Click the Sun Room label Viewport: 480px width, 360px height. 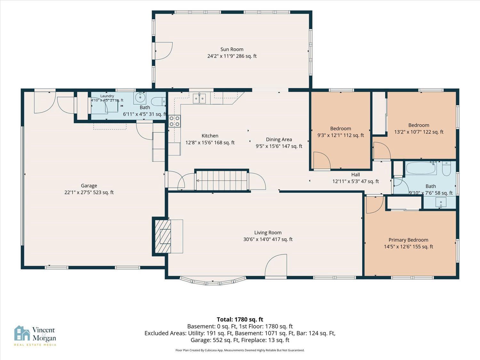[x=232, y=49]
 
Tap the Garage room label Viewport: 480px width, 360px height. [x=89, y=186]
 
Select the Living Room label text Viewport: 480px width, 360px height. [x=268, y=233]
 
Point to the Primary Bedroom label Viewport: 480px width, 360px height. [x=408, y=240]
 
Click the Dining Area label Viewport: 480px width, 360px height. [x=279, y=140]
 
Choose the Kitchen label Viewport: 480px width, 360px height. [x=210, y=136]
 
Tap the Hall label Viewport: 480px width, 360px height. [x=356, y=175]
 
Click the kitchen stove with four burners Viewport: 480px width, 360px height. [x=174, y=121]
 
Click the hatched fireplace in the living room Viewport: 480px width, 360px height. [x=163, y=236]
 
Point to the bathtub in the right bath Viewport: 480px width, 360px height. [x=421, y=168]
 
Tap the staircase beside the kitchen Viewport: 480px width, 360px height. [x=222, y=180]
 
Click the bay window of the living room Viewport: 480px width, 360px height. [x=213, y=281]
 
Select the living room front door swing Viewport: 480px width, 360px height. [x=276, y=265]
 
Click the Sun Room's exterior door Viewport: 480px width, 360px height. [x=163, y=51]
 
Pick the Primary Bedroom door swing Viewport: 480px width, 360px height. [x=375, y=205]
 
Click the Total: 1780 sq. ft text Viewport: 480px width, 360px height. [x=240, y=320]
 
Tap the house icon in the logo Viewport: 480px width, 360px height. [x=22, y=333]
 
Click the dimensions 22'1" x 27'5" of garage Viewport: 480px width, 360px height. [x=89, y=192]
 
